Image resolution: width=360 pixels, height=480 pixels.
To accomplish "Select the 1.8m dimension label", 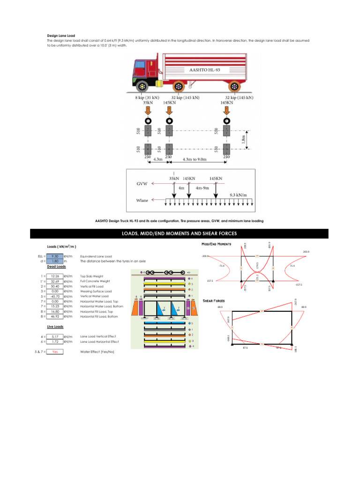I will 243,140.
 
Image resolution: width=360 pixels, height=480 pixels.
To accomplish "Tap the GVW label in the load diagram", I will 142,184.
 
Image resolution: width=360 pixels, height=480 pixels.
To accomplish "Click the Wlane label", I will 142,200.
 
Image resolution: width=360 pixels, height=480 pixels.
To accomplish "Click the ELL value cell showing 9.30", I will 55,256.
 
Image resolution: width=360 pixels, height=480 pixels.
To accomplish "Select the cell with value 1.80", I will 55,261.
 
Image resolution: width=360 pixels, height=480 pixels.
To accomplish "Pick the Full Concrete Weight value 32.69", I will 55,281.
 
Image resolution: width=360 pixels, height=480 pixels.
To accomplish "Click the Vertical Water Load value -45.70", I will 55,296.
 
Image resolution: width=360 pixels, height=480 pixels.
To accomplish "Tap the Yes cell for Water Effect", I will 55,351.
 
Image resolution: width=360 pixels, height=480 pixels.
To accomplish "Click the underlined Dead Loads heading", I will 56,266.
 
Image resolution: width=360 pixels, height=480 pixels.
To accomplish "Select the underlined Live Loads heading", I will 56,326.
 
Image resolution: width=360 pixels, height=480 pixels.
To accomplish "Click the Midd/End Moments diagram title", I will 216,244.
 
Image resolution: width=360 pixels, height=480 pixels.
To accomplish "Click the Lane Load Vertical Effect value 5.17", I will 55,337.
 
